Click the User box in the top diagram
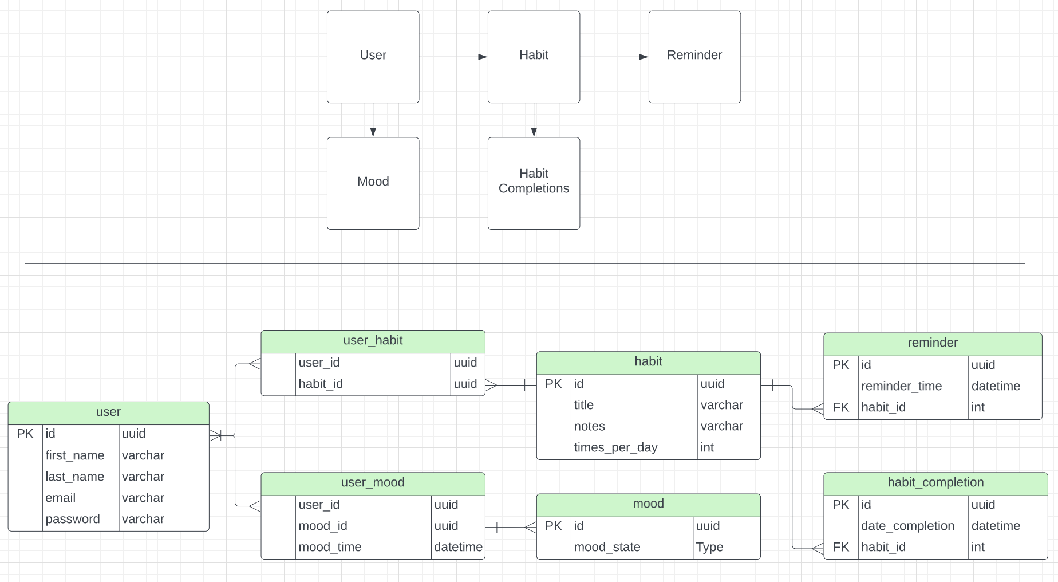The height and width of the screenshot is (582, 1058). [x=373, y=56]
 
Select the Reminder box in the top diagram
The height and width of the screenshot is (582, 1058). [x=694, y=56]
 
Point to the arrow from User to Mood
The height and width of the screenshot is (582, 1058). [x=373, y=120]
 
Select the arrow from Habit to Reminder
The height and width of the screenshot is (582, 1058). [x=614, y=57]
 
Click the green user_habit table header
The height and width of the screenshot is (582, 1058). [x=373, y=341]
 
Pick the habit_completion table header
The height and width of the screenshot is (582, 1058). [x=935, y=483]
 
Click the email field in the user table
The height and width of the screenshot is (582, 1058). [x=61, y=498]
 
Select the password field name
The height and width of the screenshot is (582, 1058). [x=73, y=519]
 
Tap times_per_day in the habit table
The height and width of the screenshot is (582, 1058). [x=615, y=447]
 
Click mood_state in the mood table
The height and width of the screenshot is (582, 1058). [x=607, y=547]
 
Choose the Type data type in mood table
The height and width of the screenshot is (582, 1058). [x=709, y=547]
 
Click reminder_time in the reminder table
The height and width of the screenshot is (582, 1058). [x=901, y=386]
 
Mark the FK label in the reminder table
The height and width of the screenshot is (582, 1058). [x=840, y=407]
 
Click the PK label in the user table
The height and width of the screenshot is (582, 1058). [x=25, y=434]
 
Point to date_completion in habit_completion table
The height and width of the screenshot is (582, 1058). [x=907, y=526]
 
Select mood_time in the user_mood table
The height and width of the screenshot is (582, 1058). [x=330, y=547]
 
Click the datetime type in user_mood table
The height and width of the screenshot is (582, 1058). [x=458, y=547]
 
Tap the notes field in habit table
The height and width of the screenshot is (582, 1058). [x=589, y=426]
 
